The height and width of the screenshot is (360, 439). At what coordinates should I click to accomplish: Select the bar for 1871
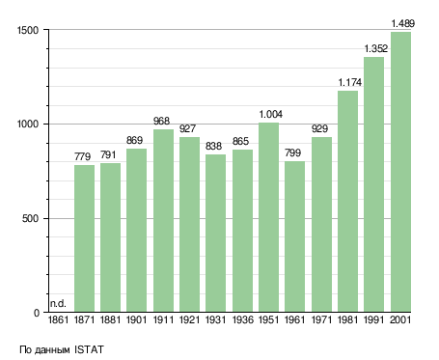(x=84, y=238)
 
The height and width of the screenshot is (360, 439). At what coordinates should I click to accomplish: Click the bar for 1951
(x=268, y=217)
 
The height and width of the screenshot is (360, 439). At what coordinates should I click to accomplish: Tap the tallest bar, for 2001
(x=400, y=172)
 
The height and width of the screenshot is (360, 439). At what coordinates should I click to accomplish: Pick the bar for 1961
(x=294, y=236)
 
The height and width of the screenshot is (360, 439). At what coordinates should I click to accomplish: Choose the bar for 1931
(x=215, y=233)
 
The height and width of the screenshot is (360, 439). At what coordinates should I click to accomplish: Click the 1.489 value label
(x=402, y=23)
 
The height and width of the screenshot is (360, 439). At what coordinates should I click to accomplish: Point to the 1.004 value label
(x=271, y=114)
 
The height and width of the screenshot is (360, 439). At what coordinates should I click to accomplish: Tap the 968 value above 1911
(x=161, y=121)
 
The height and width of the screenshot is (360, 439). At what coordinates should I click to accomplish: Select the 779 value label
(x=83, y=156)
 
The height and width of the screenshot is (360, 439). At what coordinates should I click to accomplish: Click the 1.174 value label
(x=350, y=82)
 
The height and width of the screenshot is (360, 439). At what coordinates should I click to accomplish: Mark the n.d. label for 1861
(x=58, y=303)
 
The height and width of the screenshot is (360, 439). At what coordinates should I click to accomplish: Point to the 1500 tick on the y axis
(x=28, y=30)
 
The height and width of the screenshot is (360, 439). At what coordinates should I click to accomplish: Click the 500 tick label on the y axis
(x=30, y=219)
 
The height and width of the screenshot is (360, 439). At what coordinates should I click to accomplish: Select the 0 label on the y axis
(x=37, y=313)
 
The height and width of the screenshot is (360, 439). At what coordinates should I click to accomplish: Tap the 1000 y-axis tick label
(x=28, y=125)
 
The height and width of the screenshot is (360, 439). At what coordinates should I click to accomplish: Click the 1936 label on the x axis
(x=242, y=320)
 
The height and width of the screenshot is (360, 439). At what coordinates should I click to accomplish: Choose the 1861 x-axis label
(x=58, y=320)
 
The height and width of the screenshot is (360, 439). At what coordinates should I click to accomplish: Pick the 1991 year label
(x=374, y=320)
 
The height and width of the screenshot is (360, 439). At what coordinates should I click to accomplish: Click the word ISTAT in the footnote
(x=89, y=349)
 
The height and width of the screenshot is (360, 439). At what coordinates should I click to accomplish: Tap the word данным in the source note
(x=52, y=350)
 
